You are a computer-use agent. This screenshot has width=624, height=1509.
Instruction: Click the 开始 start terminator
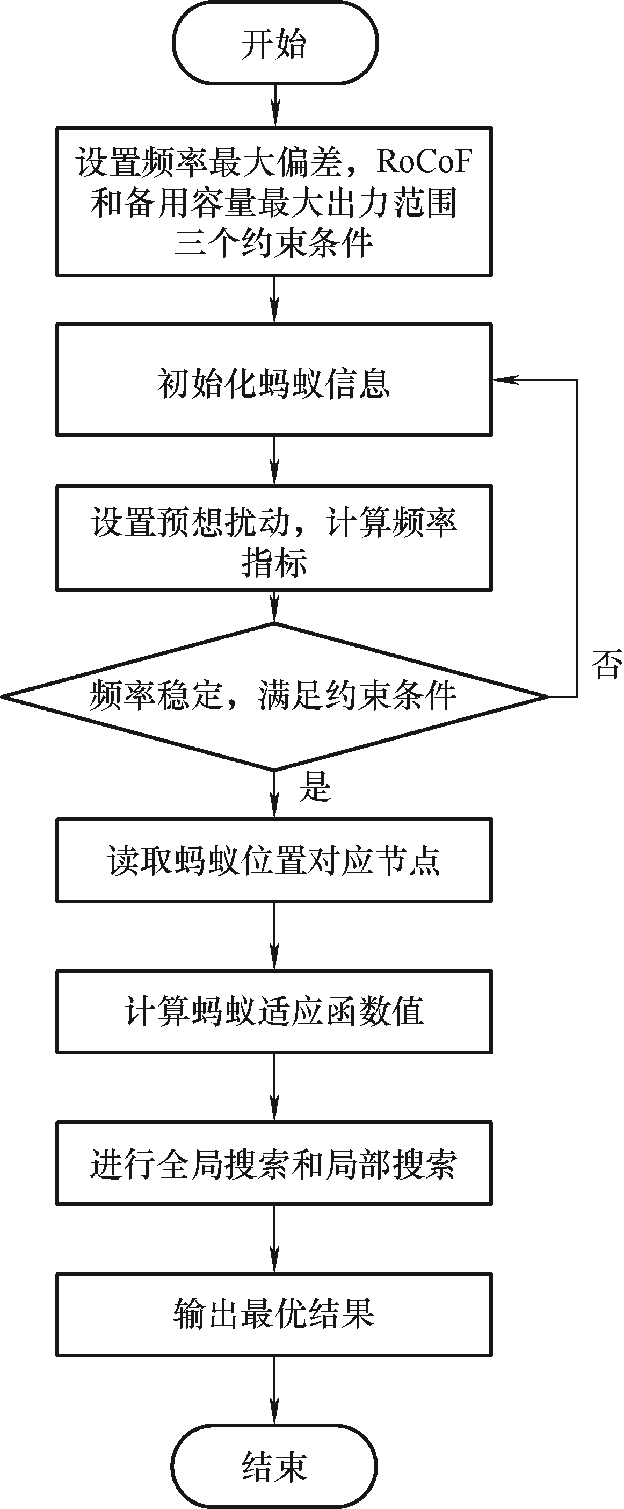[274, 43]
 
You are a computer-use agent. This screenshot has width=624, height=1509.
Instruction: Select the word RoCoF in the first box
[424, 161]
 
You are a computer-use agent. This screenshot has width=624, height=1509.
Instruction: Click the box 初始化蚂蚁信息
[274, 380]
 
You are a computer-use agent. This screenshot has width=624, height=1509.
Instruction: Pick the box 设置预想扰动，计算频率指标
[274, 538]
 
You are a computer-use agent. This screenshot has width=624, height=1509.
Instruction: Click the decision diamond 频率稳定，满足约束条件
[274, 696]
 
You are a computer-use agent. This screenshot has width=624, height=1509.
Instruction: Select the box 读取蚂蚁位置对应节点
[274, 860]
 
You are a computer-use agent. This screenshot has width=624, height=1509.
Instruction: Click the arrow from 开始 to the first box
[274, 106]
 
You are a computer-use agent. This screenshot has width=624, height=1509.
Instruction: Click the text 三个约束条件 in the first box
[273, 242]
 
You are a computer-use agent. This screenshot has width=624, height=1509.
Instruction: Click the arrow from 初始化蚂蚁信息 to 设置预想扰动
[274, 461]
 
